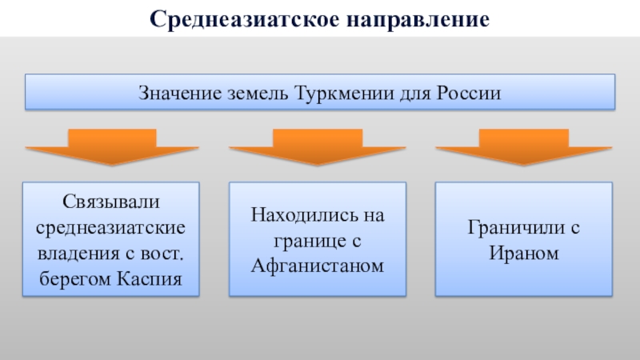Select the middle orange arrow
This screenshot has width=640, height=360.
[318, 146]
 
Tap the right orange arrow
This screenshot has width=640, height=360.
[523, 146]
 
